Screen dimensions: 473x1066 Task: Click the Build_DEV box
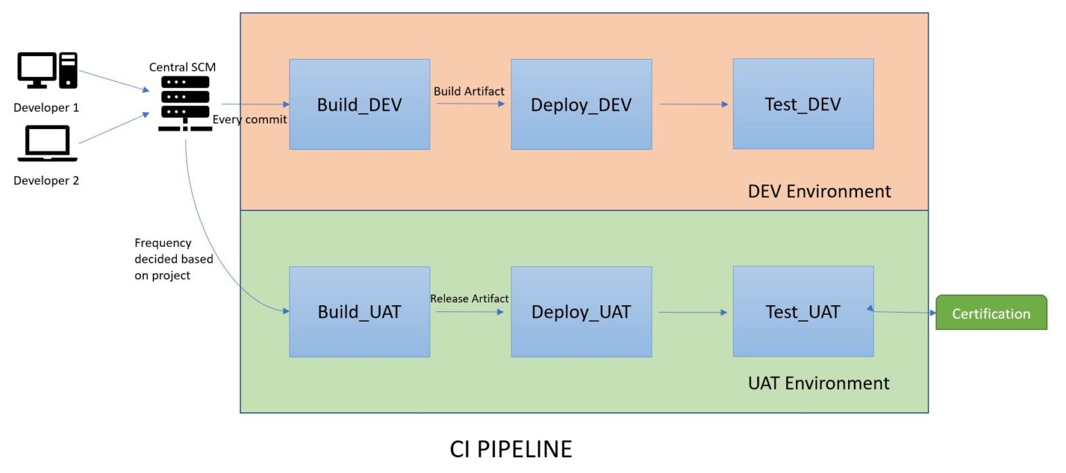click(359, 104)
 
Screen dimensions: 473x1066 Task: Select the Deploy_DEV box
click(581, 104)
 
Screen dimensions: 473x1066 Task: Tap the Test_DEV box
click(803, 104)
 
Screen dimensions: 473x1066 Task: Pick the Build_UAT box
click(359, 312)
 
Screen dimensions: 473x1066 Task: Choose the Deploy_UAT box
click(581, 312)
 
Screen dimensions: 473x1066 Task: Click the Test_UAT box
click(803, 312)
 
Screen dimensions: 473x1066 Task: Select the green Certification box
click(990, 313)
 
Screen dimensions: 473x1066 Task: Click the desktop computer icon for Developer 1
click(46, 71)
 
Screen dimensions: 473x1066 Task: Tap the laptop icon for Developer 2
click(47, 144)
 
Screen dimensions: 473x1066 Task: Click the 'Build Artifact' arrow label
click(468, 91)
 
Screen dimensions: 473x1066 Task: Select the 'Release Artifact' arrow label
click(469, 298)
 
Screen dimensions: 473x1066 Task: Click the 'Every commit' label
click(250, 119)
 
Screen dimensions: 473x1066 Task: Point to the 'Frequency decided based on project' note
click(174, 259)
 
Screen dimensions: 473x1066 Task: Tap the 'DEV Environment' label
click(819, 191)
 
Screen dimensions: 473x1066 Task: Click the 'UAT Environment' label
click(819, 383)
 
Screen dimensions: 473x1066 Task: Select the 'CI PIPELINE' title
click(511, 449)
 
